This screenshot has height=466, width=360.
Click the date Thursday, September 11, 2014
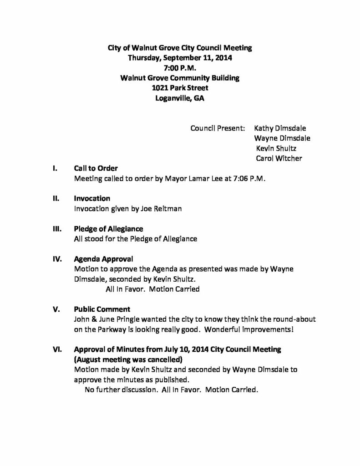point(179,58)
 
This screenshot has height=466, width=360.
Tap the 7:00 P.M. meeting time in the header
point(180,68)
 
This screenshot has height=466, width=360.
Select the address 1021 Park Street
point(179,88)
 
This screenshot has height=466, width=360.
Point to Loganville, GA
point(179,98)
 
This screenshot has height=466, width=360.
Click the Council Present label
point(218,128)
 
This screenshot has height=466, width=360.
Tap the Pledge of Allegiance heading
point(109,228)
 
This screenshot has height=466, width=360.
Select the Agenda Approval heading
point(104,259)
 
